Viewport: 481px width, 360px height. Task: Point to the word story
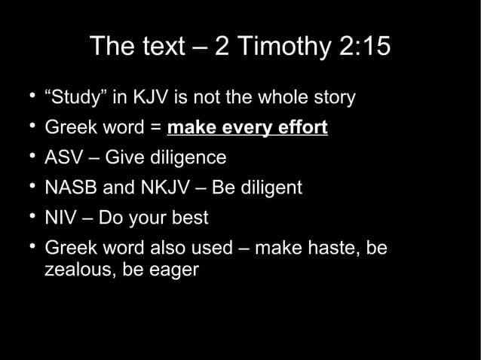pyautogui.click(x=331, y=98)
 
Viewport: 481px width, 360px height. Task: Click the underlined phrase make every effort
pyautogui.click(x=247, y=128)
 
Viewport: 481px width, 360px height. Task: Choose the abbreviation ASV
pyautogui.click(x=65, y=158)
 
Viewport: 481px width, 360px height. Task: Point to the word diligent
pyautogui.click(x=271, y=188)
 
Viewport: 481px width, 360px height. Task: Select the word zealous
pyautogui.click(x=75, y=268)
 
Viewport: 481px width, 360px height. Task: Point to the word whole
pyautogui.click(x=271, y=98)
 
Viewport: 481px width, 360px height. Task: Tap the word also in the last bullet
pyautogui.click(x=170, y=247)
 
